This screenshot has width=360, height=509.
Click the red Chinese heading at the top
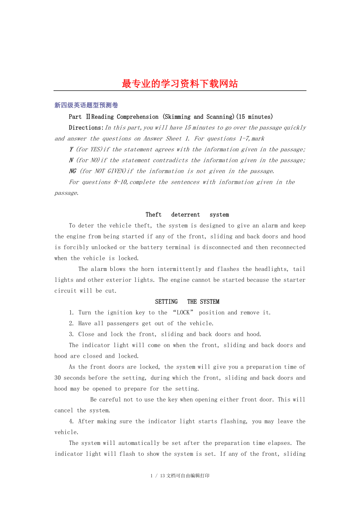coord(180,84)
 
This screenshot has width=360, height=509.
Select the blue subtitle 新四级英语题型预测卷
coord(86,105)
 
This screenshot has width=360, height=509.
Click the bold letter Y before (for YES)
coord(71,149)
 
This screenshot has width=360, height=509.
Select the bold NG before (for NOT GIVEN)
coord(73,171)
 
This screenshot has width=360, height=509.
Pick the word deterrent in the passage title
coord(185,215)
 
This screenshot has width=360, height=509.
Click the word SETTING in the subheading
coord(166,301)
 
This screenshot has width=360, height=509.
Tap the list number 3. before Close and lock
coord(71,334)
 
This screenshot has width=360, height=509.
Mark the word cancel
coord(64,410)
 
